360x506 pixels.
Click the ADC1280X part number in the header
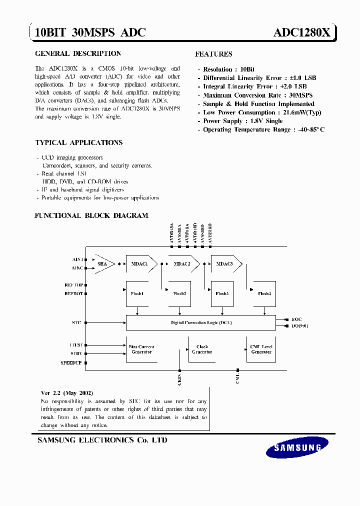click(x=301, y=32)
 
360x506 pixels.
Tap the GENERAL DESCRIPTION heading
click(x=78, y=53)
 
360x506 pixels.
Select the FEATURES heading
click(x=213, y=54)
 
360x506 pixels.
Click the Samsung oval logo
click(x=297, y=447)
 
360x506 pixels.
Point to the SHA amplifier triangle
click(x=103, y=263)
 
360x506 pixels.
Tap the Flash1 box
click(x=137, y=293)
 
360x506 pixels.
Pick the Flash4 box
click(x=264, y=293)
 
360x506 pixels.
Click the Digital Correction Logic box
click(x=200, y=322)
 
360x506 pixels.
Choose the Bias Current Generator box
click(x=141, y=349)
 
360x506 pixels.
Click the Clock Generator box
click(x=202, y=349)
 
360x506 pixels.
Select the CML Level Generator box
click(x=261, y=349)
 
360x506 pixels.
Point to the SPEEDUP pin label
click(x=71, y=362)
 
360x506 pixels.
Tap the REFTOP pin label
click(x=73, y=285)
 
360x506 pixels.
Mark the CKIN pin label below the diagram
click(x=179, y=379)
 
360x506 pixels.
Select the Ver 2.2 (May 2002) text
click(x=67, y=393)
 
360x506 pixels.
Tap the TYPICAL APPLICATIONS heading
click(x=79, y=142)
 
